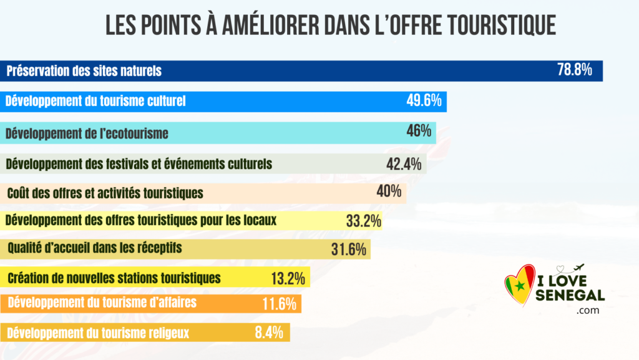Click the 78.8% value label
(x=574, y=70)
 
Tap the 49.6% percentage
(x=424, y=100)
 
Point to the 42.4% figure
(x=404, y=165)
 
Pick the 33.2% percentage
(x=363, y=221)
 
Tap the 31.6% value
(x=348, y=250)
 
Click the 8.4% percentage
(x=269, y=332)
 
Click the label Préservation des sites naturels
(x=84, y=71)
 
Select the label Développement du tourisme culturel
(x=95, y=101)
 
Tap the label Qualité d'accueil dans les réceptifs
(x=95, y=248)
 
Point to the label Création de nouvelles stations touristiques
(x=114, y=278)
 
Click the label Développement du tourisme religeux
(x=98, y=333)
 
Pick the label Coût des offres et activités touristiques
(x=105, y=193)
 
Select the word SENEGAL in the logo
(x=570, y=295)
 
